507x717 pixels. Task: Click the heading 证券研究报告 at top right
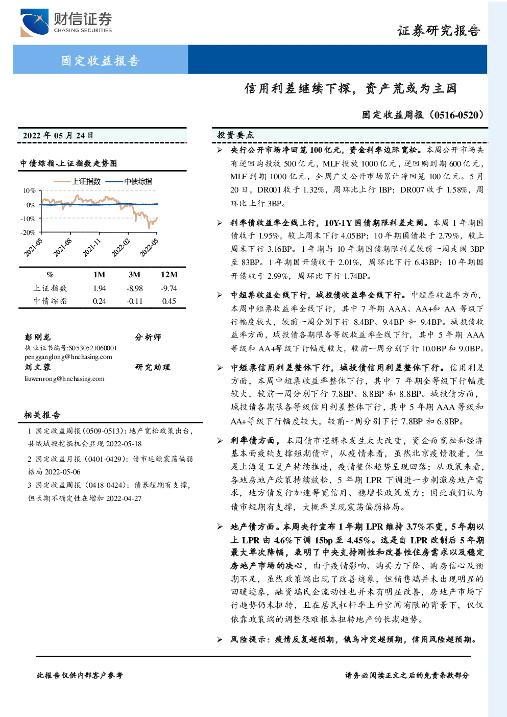pos(439,31)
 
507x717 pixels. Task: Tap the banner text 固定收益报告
pos(100,60)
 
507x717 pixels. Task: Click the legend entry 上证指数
pos(77,181)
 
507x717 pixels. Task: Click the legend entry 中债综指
pos(129,181)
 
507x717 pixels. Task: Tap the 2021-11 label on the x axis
pos(91,248)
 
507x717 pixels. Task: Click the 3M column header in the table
pos(134,275)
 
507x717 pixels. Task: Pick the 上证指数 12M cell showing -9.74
pos(169,289)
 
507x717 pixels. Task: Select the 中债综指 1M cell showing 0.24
pos(99,301)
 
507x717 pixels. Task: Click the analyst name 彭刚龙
pos(37,337)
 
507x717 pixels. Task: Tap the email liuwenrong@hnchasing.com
pos(64,378)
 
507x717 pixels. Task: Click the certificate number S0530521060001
pos(93,348)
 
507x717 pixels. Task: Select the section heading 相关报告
pos(42,415)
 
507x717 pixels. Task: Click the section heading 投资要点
pos(235,135)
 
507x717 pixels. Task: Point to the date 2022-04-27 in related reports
pos(124,498)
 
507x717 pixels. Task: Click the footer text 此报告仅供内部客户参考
pos(80,676)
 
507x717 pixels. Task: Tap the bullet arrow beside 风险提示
pos(220,639)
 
